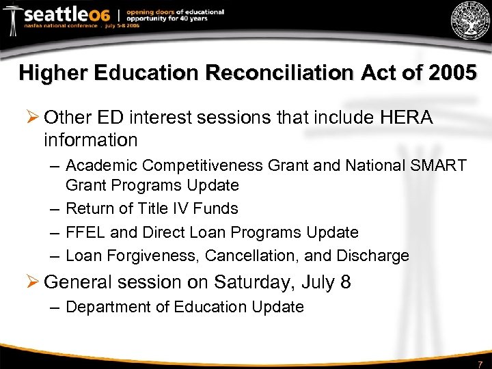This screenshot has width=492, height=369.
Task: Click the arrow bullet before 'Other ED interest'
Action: pos(31,118)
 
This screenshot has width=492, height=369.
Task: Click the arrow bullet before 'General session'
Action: pos(31,282)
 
